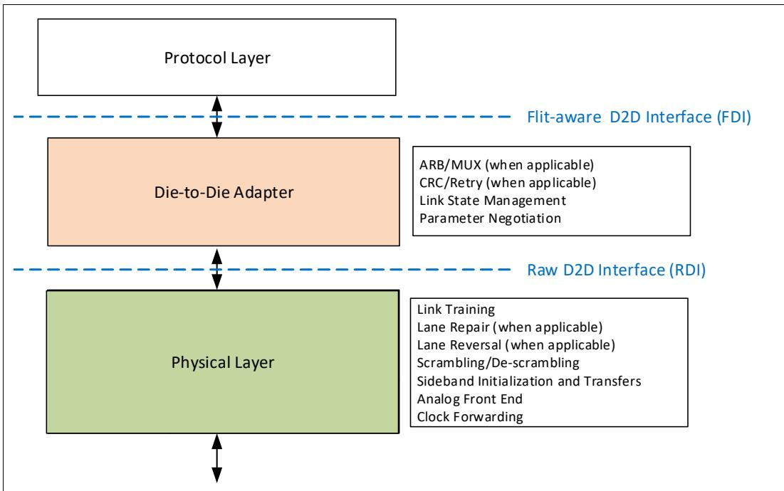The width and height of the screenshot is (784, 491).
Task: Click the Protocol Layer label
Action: tap(217, 58)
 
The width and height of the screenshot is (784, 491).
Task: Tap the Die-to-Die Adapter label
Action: tap(224, 192)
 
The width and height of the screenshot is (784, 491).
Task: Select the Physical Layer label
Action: tap(222, 363)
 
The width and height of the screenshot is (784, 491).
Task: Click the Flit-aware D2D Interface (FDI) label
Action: tap(639, 117)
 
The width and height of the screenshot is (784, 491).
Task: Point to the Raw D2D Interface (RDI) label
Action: tap(616, 270)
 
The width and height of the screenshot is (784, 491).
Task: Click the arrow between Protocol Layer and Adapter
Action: tap(216, 117)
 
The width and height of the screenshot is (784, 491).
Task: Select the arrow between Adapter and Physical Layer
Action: tap(216, 269)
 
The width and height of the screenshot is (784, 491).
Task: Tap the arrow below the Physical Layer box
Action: tap(216, 458)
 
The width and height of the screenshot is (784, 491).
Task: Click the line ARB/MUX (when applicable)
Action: tap(506, 165)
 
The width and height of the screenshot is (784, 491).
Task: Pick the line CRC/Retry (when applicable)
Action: tap(508, 183)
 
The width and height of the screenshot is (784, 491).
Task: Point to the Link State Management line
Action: tap(493, 201)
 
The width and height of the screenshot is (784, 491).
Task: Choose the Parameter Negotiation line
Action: tap(490, 218)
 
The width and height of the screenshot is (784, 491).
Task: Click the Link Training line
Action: tap(456, 310)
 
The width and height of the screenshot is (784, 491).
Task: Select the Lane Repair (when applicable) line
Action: tap(510, 327)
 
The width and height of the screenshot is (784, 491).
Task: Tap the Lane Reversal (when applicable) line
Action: tap(516, 345)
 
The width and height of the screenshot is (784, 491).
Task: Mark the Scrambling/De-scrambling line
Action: tap(498, 363)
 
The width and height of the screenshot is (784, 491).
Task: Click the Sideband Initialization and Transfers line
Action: tap(529, 381)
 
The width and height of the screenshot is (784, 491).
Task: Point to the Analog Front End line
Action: tap(469, 399)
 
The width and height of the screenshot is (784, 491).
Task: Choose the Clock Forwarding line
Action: tap(470, 417)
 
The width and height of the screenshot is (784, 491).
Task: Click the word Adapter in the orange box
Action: tap(263, 193)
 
